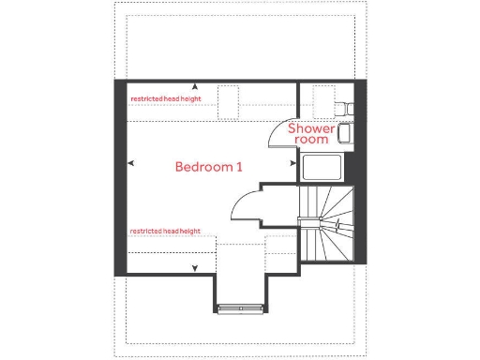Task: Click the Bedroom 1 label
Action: (209, 167)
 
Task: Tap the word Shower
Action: (311, 128)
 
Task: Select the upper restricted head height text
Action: (165, 97)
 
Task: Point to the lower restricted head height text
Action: (165, 231)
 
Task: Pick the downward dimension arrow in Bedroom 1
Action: (194, 268)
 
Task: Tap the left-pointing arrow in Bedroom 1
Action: (132, 163)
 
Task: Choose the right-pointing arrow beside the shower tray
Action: (293, 163)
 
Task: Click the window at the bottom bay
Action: (238, 307)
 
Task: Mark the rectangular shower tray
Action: (322, 169)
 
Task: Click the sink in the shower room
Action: (343, 134)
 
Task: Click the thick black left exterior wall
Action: (120, 178)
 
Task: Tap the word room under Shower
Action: (311, 140)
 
